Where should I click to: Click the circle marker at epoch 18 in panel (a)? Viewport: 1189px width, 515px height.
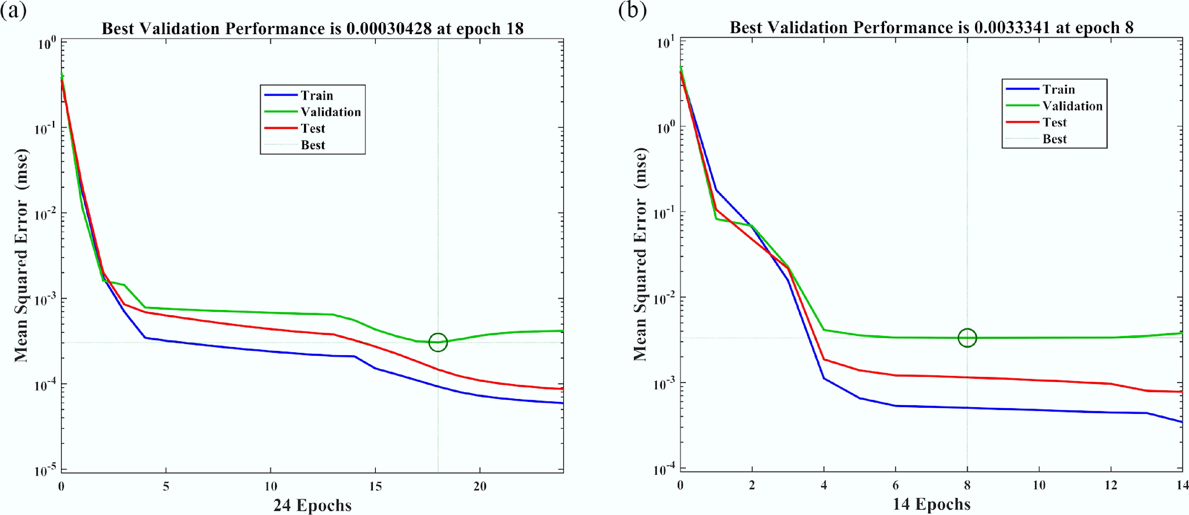(x=438, y=342)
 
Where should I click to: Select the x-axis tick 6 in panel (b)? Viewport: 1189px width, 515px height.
(x=895, y=485)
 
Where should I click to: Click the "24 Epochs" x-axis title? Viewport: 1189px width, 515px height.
(x=312, y=505)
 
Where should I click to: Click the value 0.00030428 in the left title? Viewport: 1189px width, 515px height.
(x=389, y=29)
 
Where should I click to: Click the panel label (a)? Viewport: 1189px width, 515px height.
(x=13, y=10)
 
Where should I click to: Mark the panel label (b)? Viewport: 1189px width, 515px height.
(x=632, y=10)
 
